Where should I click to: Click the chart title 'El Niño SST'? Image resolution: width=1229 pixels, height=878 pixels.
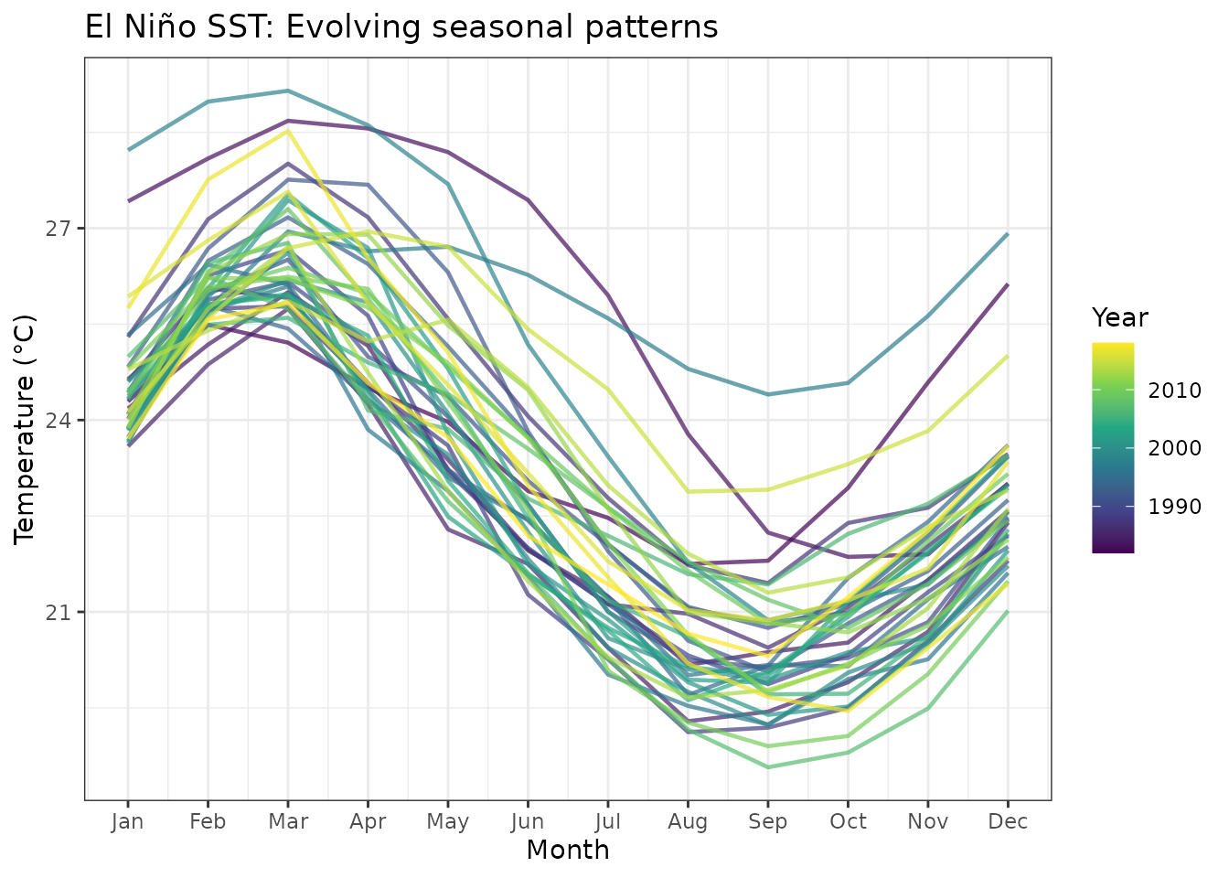click(401, 27)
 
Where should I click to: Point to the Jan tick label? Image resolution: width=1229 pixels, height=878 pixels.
click(127, 821)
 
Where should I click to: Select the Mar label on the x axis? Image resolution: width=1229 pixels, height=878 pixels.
click(288, 821)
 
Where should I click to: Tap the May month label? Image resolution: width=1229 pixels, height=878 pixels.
click(447, 821)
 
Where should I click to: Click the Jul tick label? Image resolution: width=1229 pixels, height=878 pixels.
click(608, 821)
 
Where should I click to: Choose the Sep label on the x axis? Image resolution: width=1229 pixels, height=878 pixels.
click(767, 821)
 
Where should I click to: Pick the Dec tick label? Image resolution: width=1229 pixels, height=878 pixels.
click(1008, 821)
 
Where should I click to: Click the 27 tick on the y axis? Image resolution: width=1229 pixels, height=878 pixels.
click(59, 229)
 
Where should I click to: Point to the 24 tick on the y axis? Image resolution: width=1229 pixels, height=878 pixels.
click(59, 421)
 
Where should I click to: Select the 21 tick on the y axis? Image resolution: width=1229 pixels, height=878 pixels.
click(59, 612)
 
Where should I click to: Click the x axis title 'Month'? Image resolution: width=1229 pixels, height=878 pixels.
click(568, 851)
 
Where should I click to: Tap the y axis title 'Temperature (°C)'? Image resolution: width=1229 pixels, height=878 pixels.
click(25, 429)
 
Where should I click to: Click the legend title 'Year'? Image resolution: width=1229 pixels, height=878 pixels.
click(1119, 318)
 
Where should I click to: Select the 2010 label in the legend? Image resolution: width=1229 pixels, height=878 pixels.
click(1174, 391)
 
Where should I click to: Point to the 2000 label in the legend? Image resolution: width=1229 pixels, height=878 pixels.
click(1174, 448)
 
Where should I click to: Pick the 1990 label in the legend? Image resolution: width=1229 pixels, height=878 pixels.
click(1174, 507)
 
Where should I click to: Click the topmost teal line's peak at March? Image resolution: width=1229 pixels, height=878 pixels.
click(288, 91)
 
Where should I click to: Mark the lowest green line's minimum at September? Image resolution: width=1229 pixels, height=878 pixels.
click(767, 767)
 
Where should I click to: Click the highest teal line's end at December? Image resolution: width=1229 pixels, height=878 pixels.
click(1008, 234)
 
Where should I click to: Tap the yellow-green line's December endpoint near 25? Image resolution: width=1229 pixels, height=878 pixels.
click(1008, 356)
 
